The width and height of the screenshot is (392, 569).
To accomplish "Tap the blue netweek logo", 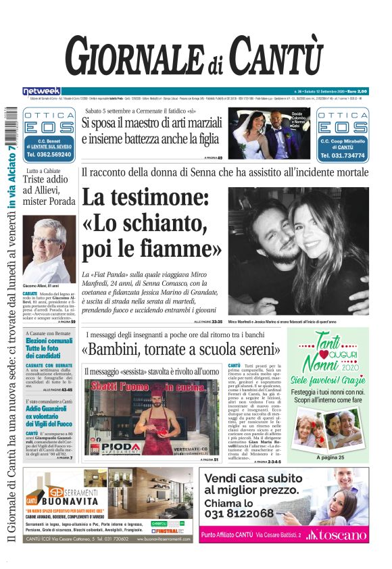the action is click(42, 91).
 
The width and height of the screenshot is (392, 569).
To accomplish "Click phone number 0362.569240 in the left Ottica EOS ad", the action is click(49, 154).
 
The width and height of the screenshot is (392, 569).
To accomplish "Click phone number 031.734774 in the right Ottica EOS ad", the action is click(342, 155).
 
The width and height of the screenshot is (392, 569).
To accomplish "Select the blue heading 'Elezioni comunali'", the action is click(49, 341).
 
